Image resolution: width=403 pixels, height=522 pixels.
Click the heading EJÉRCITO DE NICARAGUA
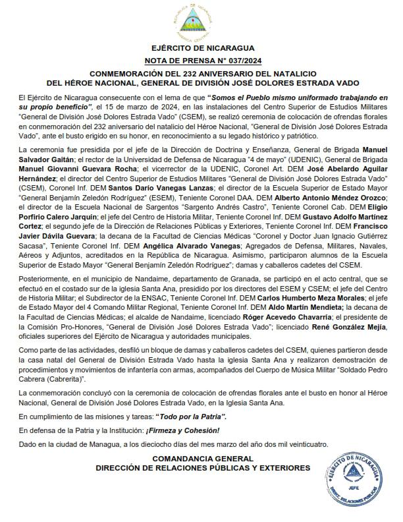(x=201, y=48)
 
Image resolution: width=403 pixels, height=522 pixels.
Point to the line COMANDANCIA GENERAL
(x=202, y=458)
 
